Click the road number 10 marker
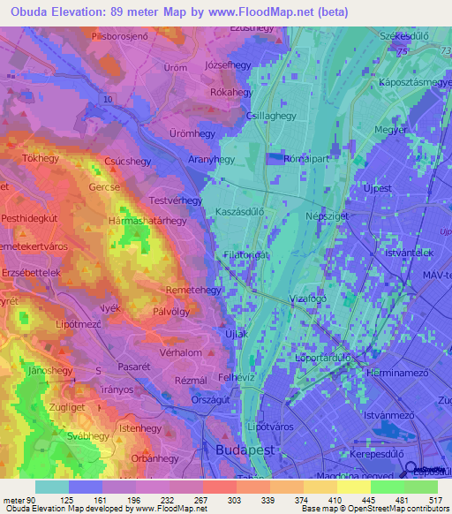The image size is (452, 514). [x=107, y=101]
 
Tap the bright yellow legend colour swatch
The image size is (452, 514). [x=353, y=487]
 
